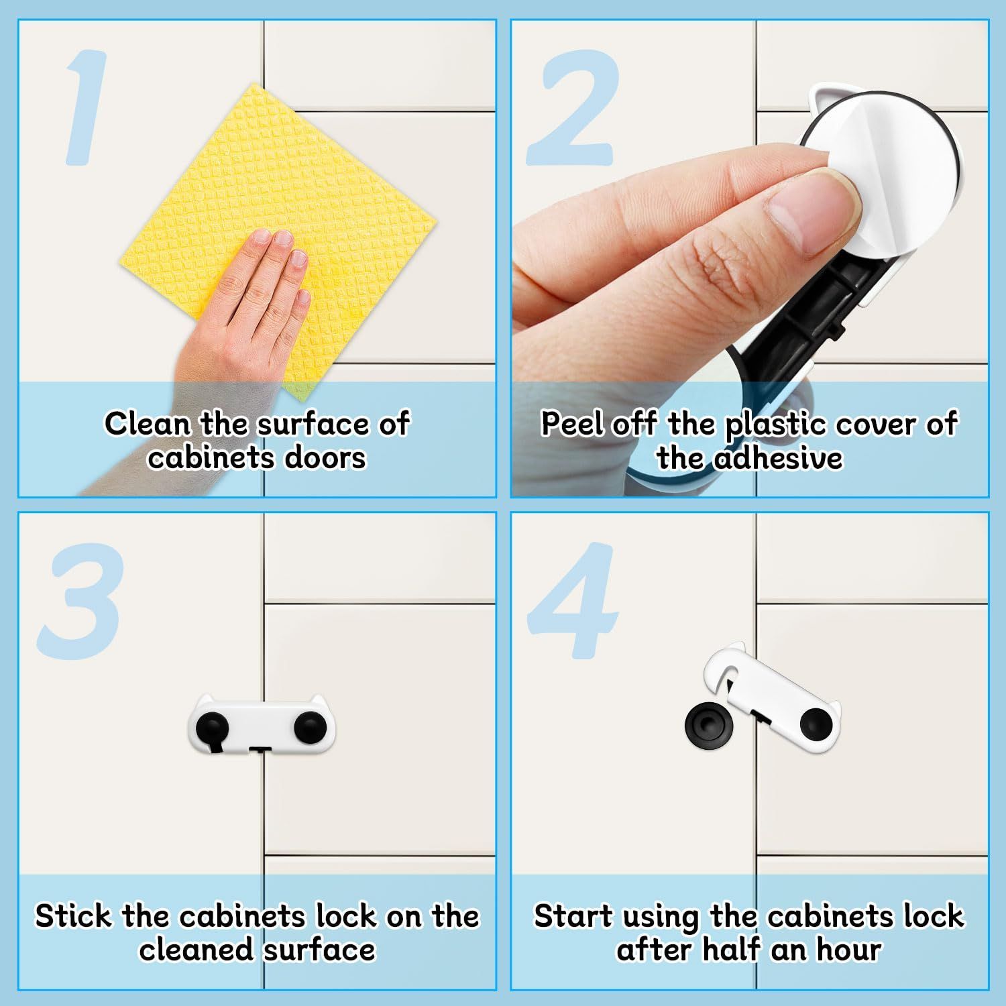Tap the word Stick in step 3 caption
(73, 916)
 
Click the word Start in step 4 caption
(573, 916)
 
